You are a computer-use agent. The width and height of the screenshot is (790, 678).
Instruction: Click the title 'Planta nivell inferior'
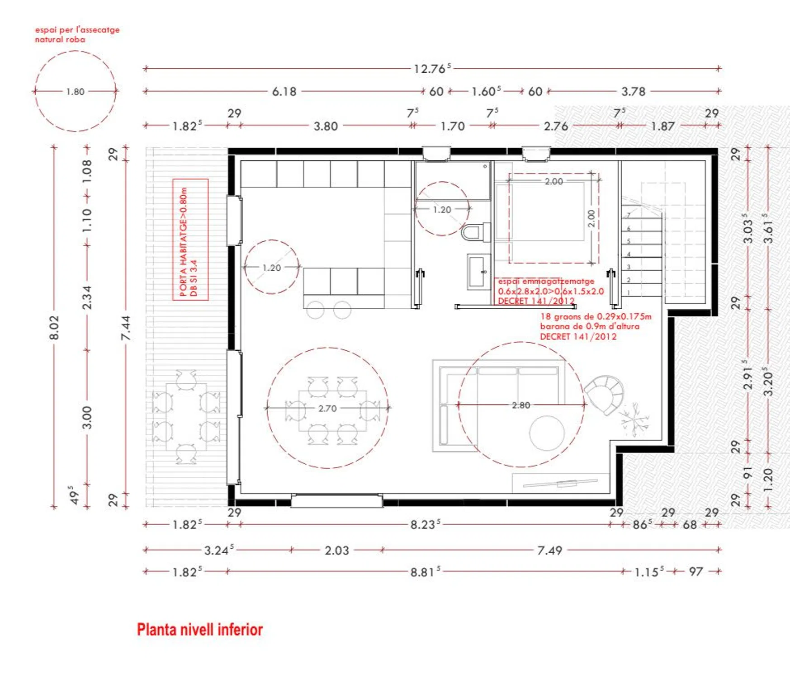(200, 630)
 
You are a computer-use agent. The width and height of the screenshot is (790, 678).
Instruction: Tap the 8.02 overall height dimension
(54, 328)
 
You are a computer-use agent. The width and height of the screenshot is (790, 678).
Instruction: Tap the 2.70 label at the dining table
(327, 408)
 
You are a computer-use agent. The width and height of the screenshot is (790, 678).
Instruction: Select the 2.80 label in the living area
(521, 405)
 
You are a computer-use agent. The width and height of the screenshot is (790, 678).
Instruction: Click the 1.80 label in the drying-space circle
(75, 92)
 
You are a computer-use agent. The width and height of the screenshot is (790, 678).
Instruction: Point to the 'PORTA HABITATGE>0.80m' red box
(190, 240)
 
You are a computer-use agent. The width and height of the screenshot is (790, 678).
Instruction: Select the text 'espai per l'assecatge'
(77, 30)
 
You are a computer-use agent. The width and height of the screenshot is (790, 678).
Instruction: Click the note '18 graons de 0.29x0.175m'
(596, 316)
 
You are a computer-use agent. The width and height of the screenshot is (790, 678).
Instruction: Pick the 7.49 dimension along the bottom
(549, 551)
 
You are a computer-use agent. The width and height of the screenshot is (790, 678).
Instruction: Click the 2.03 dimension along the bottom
(337, 551)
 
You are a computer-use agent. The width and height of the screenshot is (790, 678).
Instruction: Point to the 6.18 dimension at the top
(284, 92)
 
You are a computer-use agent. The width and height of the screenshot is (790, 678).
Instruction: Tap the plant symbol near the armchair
(634, 419)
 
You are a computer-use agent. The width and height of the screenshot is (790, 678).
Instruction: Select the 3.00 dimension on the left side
(87, 417)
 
